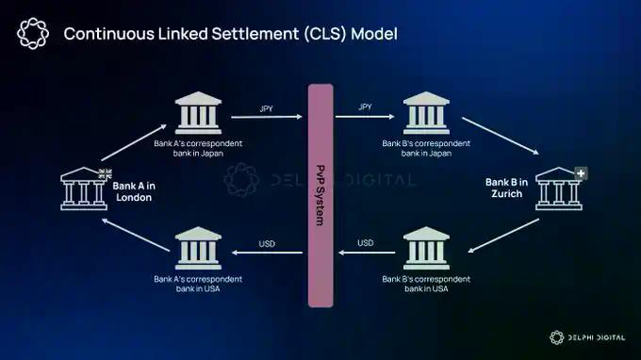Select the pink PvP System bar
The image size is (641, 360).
pos(320,194)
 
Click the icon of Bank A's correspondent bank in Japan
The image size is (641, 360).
pos(198,115)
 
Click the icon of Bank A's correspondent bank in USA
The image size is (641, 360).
pos(198,251)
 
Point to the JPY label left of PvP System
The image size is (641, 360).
pos(267,107)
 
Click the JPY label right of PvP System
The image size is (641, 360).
pos(365,107)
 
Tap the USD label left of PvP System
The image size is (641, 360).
pos(267,243)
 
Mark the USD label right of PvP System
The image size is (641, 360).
pos(365,243)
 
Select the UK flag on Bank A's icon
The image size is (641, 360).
pos(105,173)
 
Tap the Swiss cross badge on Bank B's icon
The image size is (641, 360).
pos(581,174)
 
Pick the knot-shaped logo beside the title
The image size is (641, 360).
pos(33,33)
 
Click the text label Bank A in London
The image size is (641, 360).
pos(134,191)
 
